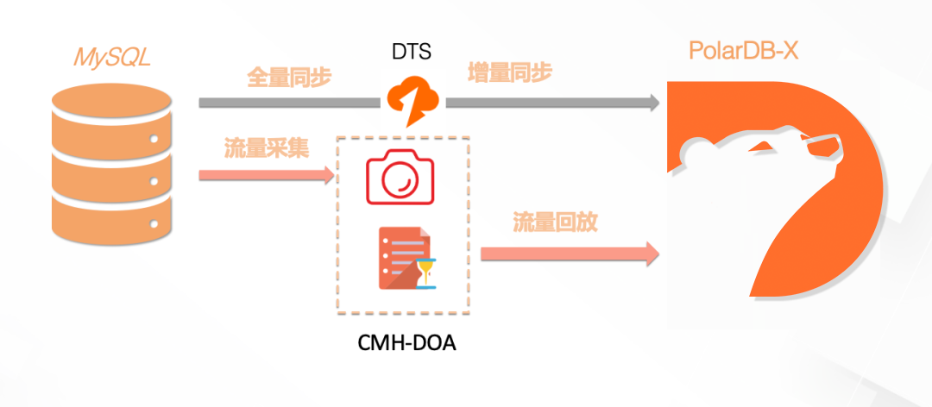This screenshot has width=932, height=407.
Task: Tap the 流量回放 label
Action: (x=556, y=222)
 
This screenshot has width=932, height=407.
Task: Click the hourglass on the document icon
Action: (x=425, y=274)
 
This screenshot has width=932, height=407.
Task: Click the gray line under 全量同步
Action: (x=289, y=103)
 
